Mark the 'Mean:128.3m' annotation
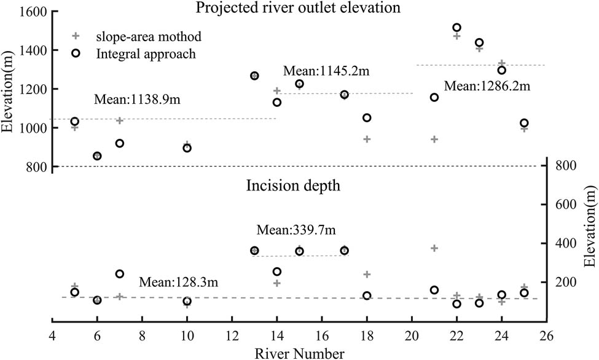click(x=178, y=282)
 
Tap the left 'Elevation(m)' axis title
click(x=9, y=90)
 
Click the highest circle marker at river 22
click(x=456, y=28)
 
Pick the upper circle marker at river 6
click(x=97, y=156)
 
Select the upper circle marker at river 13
click(x=254, y=76)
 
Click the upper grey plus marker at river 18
click(x=367, y=139)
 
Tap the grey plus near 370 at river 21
click(x=434, y=248)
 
